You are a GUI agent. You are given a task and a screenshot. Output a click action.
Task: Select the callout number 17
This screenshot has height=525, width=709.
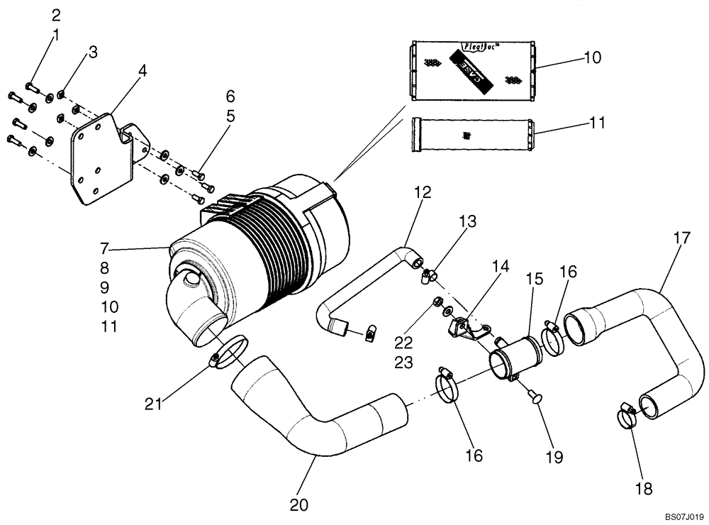(x=681, y=239)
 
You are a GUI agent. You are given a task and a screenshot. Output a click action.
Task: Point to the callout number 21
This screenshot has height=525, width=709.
(x=155, y=404)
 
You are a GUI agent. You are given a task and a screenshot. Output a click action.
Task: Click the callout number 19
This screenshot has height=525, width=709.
(x=554, y=458)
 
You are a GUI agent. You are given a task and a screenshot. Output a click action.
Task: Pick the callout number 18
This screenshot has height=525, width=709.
(x=644, y=489)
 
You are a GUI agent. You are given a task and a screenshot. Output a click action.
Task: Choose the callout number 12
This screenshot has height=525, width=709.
(x=423, y=191)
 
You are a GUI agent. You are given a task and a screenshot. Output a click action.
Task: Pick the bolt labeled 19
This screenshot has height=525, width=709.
(x=533, y=397)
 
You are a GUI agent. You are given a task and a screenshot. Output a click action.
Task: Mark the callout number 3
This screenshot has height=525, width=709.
(x=92, y=52)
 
